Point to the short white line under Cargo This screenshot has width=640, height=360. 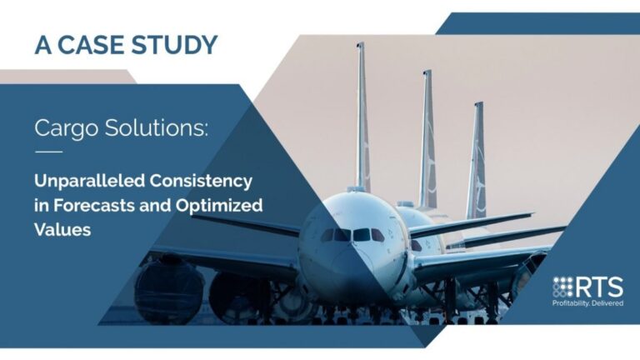48,152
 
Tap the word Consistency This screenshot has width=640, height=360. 204,180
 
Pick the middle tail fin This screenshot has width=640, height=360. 427,137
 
